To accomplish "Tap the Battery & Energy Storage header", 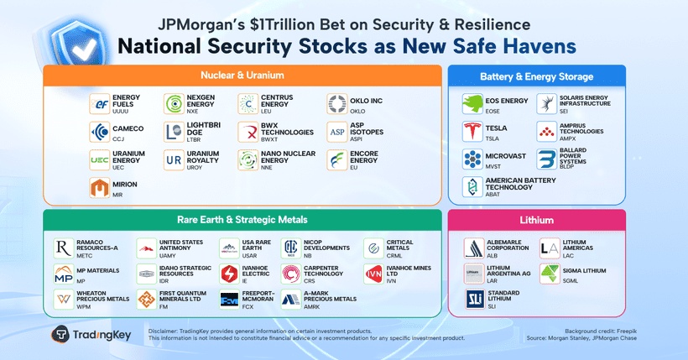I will coord(536,76).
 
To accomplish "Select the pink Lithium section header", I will coord(536,221).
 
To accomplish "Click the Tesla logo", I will coord(473,132).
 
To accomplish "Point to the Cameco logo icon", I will coord(101,132).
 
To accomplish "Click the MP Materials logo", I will coord(64,274).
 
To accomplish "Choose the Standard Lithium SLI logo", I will coord(475,299).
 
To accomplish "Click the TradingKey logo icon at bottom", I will coord(61,334).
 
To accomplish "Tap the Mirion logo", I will coord(101,188).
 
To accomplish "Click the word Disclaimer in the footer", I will coord(164,331).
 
